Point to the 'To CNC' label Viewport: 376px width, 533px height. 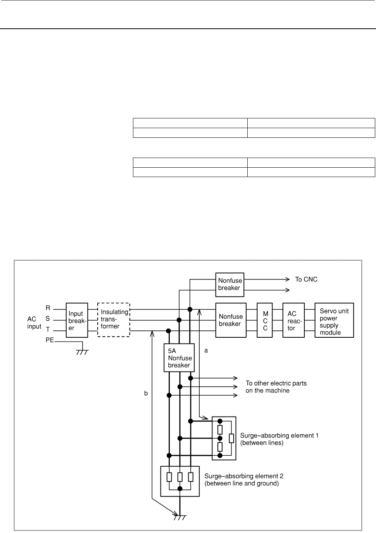306,280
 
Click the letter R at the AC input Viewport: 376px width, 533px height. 48,308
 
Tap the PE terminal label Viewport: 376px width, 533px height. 50,340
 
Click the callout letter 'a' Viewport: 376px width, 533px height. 206,351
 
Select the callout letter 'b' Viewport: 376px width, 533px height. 146,393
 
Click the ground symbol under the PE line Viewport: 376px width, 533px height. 82,352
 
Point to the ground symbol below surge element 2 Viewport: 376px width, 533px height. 180,517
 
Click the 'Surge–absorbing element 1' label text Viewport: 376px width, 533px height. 279,436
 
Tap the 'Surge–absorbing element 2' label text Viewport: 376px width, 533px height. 244,476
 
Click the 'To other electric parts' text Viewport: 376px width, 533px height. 276,383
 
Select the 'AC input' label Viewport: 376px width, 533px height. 34,323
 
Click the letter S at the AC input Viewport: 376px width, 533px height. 48,318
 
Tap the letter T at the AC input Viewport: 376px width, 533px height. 48,329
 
